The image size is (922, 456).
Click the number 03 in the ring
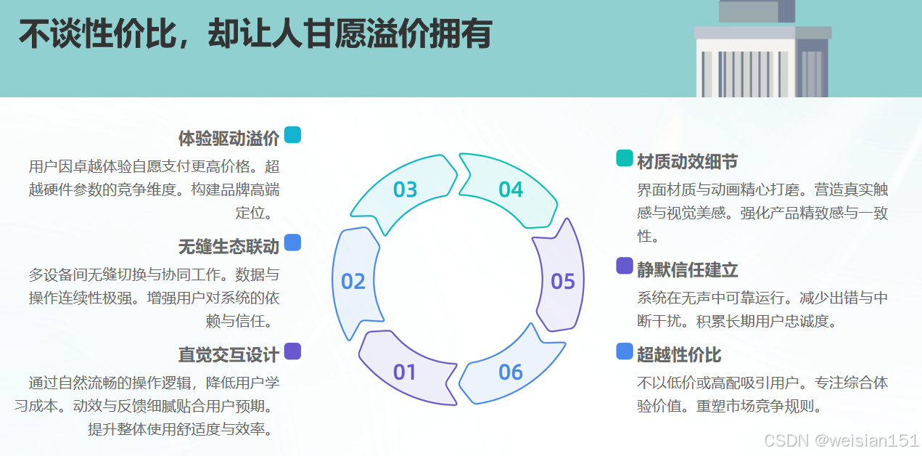pos(405,190)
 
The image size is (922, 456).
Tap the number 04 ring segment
pos(511,190)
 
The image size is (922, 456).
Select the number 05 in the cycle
pos(563,281)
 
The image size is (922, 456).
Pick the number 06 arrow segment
pos(511,372)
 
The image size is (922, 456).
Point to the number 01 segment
pos(405,372)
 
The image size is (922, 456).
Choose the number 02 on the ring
pos(353,281)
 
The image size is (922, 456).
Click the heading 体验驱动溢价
pos(229,138)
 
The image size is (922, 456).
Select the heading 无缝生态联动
pos(229,246)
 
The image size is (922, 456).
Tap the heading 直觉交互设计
pos(229,354)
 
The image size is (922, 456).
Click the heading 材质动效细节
pos(687,160)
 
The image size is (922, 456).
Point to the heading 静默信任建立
pos(687,269)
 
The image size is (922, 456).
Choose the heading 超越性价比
pos(679,354)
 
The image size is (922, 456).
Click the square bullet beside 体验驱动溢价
pos(292,135)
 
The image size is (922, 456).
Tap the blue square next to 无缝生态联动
pos(292,243)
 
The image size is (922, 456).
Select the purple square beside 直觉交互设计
pos(292,351)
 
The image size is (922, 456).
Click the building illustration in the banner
pos(761,51)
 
